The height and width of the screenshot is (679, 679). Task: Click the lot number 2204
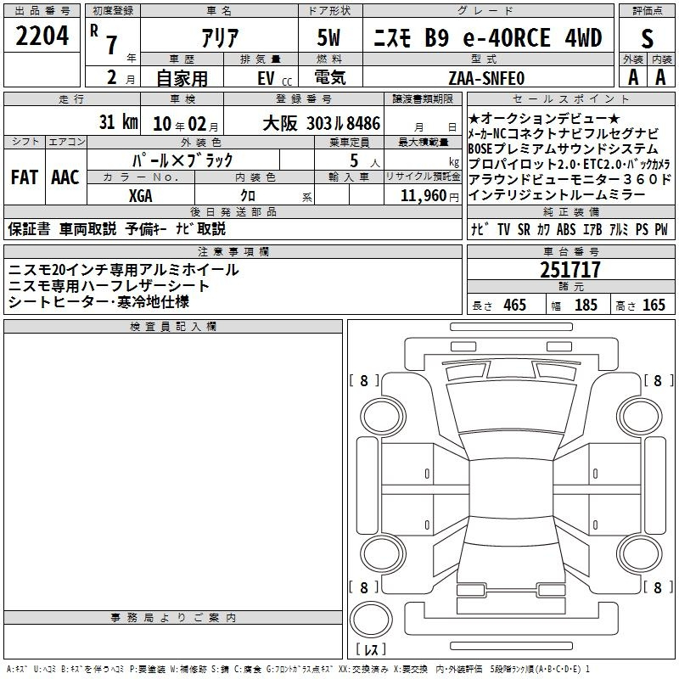coord(42,36)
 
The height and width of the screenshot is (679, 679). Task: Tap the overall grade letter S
coord(647,38)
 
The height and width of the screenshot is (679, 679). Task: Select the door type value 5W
coord(328,37)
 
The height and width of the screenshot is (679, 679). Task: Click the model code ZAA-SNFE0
coord(486,78)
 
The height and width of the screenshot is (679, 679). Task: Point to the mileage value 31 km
coord(118,121)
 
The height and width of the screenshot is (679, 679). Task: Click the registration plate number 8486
coord(363,123)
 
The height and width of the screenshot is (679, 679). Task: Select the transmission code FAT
coord(25,177)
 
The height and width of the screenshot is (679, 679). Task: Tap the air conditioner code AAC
coord(65,177)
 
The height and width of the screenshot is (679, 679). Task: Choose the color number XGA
coord(140,196)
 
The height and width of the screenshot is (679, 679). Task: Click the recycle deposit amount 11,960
coord(424,196)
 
